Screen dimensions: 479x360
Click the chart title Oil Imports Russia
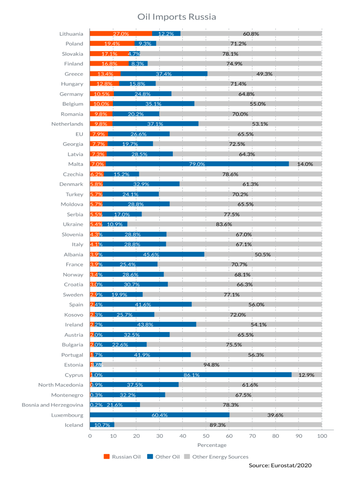pyautogui.click(x=177, y=17)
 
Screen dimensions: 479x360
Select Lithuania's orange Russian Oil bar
pyautogui.click(x=121, y=33)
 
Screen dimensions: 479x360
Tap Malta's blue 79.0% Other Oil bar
pyautogui.click(x=197, y=164)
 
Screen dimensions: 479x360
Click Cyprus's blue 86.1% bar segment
pyautogui.click(x=192, y=375)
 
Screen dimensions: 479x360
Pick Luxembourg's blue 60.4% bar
pyautogui.click(x=159, y=415)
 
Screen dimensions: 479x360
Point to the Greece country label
pyautogui.click(x=74, y=74)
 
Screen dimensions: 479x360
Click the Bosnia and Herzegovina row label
pyautogui.click(x=52, y=405)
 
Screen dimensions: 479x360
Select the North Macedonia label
pyautogui.click(x=60, y=385)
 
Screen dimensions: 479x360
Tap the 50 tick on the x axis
pyautogui.click(x=206, y=436)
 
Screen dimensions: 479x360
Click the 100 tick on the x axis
pyautogui.click(x=322, y=436)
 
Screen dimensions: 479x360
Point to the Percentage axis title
pyautogui.click(x=212, y=445)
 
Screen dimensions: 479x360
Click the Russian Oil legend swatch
pyautogui.click(x=107, y=457)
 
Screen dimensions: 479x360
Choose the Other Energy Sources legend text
pyautogui.click(x=220, y=457)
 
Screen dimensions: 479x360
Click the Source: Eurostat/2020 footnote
pyautogui.click(x=280, y=465)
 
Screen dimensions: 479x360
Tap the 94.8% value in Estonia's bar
pyautogui.click(x=211, y=365)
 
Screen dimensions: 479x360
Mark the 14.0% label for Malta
pyautogui.click(x=305, y=164)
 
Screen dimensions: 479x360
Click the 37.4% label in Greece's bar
pyautogui.click(x=164, y=74)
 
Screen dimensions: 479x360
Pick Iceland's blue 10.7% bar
pyautogui.click(x=102, y=425)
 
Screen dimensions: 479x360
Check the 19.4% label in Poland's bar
pyautogui.click(x=112, y=44)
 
